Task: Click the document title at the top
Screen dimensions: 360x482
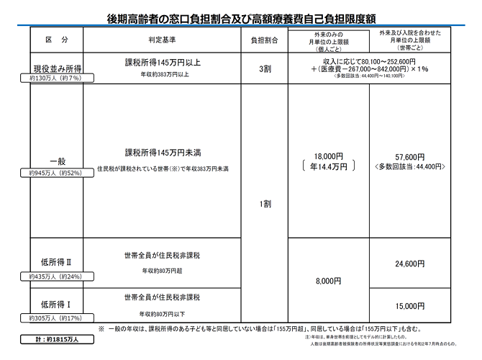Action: (x=241, y=16)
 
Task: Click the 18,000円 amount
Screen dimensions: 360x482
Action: (x=328, y=156)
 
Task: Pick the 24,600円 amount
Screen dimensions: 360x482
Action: (x=410, y=264)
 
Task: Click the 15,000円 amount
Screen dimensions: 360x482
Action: (x=410, y=305)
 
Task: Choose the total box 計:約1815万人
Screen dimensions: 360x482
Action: (x=57, y=339)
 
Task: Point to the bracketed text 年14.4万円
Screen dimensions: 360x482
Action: (x=328, y=167)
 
